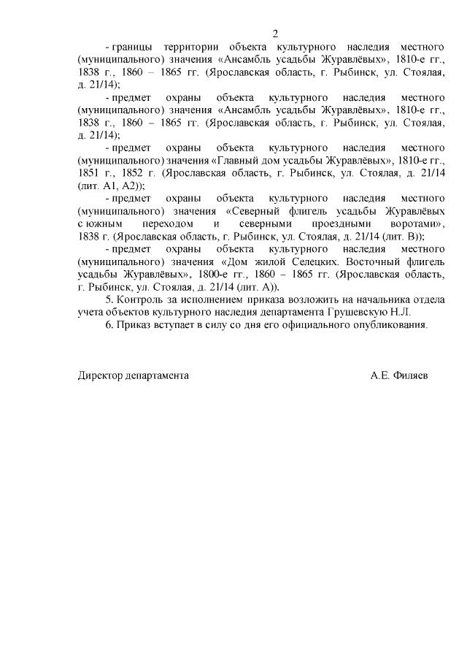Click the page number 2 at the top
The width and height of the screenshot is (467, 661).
[275, 34]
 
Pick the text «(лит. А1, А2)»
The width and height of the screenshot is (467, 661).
[110, 186]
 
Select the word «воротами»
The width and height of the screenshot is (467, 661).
[413, 223]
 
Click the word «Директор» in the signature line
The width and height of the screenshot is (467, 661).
[101, 375]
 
